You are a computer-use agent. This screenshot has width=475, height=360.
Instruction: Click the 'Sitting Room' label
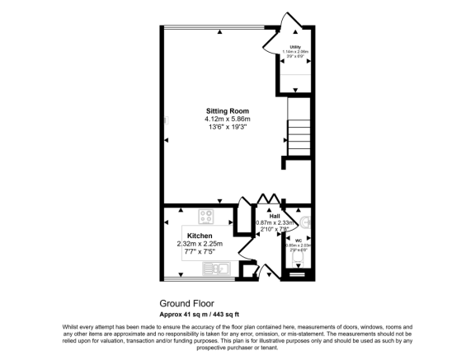click(x=228, y=111)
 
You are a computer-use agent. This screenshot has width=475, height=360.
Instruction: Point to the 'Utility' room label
click(x=295, y=47)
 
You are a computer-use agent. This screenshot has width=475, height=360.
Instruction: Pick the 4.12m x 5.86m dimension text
click(x=228, y=119)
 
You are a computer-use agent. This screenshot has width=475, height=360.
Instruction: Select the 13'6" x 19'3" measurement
click(x=228, y=128)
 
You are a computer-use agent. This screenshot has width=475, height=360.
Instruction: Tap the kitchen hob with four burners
click(x=206, y=218)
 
